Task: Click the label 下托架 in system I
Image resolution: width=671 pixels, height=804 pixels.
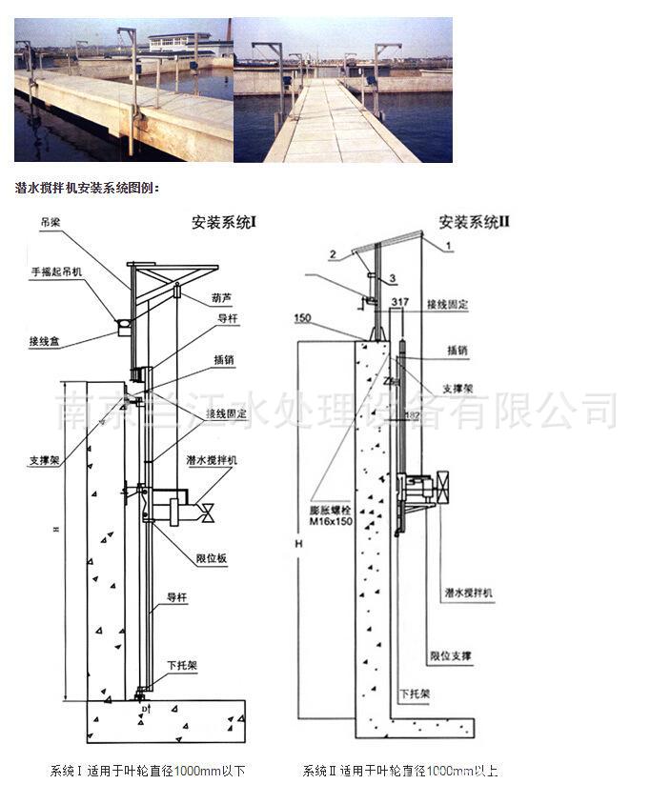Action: (x=181, y=666)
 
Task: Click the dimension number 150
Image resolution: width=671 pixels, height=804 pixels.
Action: (x=302, y=317)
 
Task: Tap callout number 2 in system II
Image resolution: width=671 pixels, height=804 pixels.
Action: (x=333, y=254)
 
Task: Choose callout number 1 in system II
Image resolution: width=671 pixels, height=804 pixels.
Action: (x=447, y=246)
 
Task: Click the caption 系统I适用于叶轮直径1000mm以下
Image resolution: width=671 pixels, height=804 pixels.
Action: (x=148, y=771)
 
